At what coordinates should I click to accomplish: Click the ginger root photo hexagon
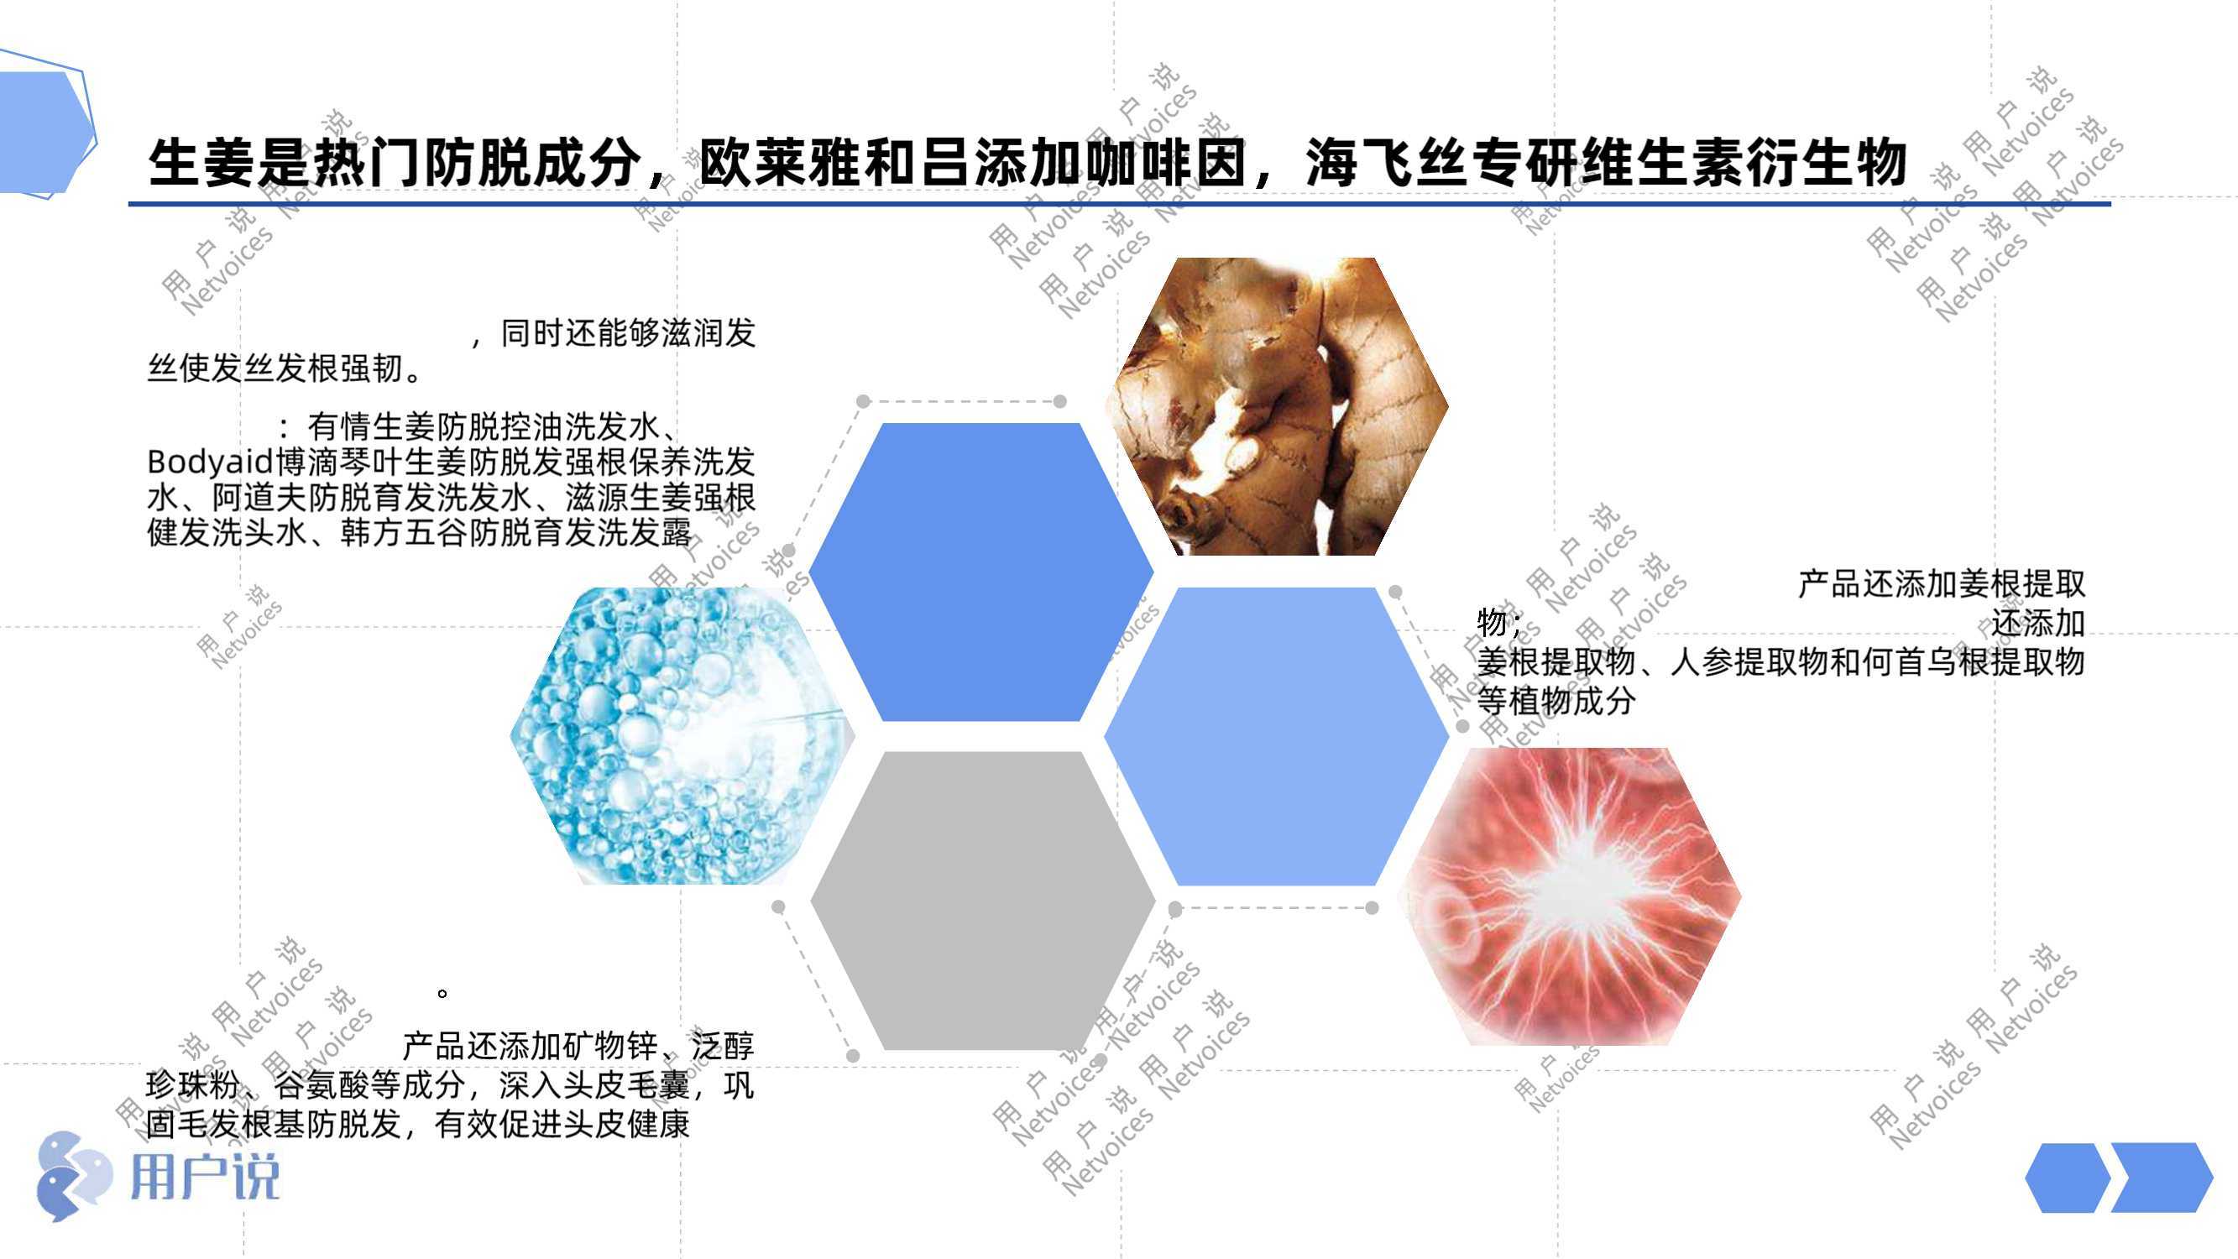tap(1276, 406)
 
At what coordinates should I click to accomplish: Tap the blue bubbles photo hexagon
tap(682, 736)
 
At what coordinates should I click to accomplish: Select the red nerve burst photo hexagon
tap(1570, 896)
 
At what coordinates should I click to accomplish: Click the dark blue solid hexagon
tap(980, 572)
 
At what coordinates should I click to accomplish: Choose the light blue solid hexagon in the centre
tap(1276, 736)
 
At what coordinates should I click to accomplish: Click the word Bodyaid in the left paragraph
tap(210, 462)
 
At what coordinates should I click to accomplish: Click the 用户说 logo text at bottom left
tap(205, 1178)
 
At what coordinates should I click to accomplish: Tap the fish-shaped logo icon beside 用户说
tap(74, 1176)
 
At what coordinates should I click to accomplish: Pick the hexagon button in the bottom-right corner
tap(2067, 1178)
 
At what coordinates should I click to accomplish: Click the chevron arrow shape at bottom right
tap(2162, 1178)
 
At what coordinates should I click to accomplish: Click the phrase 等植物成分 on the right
tap(1556, 700)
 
